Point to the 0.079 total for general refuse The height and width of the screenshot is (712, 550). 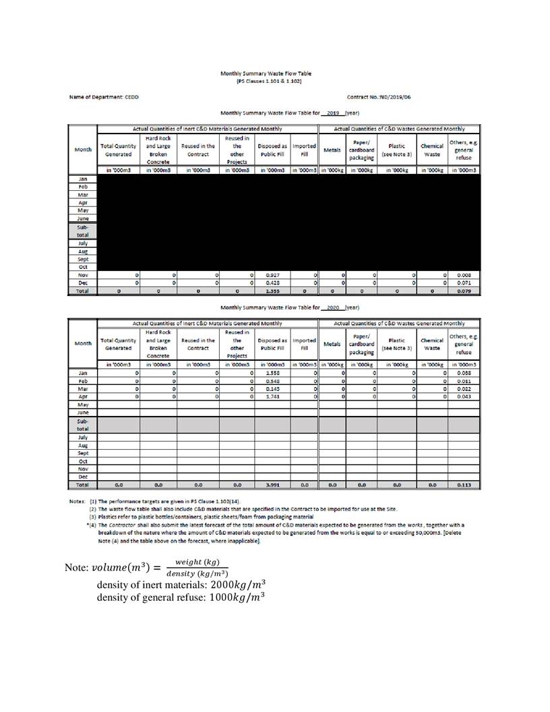click(x=463, y=291)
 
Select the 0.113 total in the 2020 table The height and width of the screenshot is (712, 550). click(x=463, y=484)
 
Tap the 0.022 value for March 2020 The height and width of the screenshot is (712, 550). click(x=463, y=388)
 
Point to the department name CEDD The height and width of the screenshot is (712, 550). click(x=131, y=97)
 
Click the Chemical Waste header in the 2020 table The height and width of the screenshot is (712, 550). click(x=431, y=343)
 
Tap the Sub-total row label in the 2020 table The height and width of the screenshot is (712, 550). click(x=83, y=424)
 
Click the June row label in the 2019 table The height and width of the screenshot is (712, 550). click(x=83, y=218)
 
